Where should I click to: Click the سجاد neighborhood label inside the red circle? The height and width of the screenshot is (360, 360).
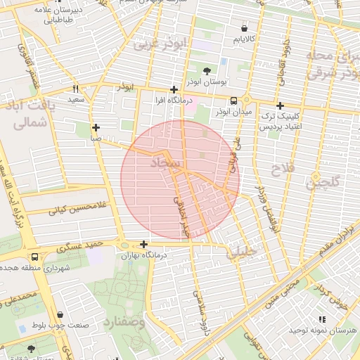coord(167,164)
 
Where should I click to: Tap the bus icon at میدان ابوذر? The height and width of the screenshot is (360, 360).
coord(233,100)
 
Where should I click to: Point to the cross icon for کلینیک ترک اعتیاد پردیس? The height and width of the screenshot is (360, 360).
coord(280,105)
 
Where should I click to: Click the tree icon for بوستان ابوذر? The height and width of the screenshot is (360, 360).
coord(206,71)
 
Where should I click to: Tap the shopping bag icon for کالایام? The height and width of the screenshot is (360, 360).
coord(244,29)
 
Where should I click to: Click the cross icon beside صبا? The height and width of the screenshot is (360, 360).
coord(96,128)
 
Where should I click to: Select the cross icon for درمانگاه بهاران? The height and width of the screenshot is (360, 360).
coord(143,245)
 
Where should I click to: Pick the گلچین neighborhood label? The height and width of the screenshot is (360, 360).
coord(322,183)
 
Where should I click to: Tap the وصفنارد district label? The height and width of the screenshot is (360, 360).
coord(124,323)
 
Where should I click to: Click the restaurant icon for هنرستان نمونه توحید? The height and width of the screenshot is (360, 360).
coord(322,319)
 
